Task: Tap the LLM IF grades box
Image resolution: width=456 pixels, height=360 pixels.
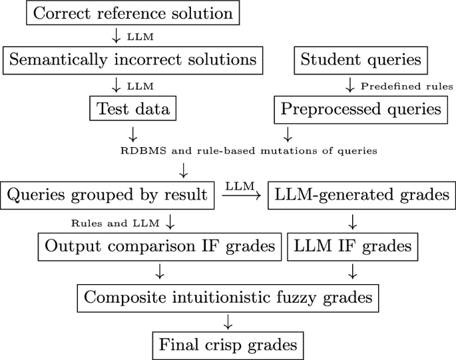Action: [350, 246]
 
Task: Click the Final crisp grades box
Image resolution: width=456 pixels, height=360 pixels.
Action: [228, 343]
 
